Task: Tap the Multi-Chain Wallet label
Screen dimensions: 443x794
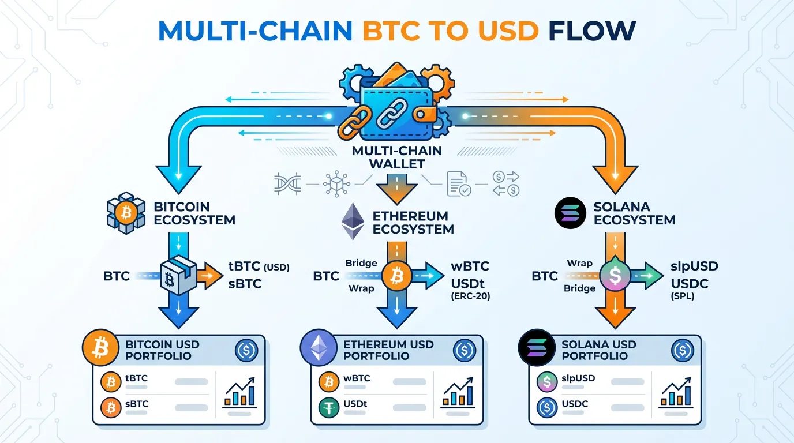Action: pos(396,157)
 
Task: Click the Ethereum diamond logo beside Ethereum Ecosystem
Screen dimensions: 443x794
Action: pos(353,221)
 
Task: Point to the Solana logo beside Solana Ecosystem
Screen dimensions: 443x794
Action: pos(570,213)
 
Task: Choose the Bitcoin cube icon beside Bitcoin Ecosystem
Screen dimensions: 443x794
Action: pos(126,213)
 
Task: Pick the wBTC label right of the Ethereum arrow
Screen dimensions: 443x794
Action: pos(470,266)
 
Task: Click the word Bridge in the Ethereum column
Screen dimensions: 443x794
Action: pos(361,263)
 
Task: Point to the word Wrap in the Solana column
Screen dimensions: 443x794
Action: pos(579,263)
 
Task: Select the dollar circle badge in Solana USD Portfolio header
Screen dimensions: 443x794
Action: pos(683,350)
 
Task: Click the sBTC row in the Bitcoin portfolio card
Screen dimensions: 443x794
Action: pos(137,404)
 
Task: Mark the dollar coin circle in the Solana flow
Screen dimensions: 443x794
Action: pos(614,275)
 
